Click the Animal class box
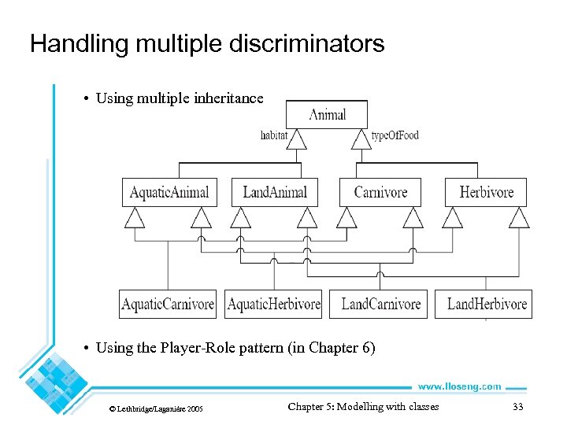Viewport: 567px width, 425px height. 327,115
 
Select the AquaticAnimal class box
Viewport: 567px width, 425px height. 169,192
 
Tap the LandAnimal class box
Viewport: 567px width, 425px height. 275,192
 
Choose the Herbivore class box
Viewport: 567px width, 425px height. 486,192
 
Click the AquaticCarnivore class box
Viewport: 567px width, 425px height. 167,305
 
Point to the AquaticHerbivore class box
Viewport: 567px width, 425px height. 273,305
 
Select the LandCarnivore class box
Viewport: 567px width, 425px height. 381,305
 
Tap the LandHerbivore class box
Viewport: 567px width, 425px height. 486,305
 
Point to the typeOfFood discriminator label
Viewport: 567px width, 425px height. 395,135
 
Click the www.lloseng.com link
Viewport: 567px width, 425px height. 459,386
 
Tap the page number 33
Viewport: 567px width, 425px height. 517,407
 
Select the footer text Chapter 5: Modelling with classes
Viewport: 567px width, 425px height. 363,407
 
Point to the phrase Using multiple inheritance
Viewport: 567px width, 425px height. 180,98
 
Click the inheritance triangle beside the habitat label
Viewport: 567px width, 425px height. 296,139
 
